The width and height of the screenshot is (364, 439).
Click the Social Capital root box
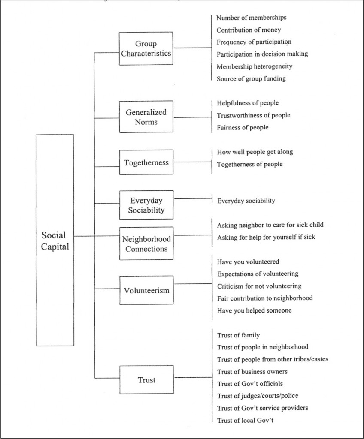pos(55,240)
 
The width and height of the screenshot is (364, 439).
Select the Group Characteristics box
pos(146,48)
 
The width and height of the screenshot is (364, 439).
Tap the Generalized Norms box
pos(146,117)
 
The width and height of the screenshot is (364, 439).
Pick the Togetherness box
pos(146,162)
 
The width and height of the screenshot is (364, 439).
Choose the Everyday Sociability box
pos(146,205)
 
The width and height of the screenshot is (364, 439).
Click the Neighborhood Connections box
pos(146,243)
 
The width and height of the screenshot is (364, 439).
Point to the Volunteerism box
pos(146,290)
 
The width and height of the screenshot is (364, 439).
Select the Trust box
pos(146,380)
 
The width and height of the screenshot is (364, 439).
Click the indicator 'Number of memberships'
pos(251,18)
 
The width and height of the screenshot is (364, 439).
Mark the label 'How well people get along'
pos(255,152)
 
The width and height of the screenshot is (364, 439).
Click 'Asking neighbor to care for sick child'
pos(270,225)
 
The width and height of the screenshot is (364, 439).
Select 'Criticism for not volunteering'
pos(259,286)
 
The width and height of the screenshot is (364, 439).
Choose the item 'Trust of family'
pos(238,335)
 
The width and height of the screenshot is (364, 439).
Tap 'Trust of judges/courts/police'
pos(258,396)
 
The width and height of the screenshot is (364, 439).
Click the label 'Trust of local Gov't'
pos(246,420)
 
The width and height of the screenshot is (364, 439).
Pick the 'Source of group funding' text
pos(251,78)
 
